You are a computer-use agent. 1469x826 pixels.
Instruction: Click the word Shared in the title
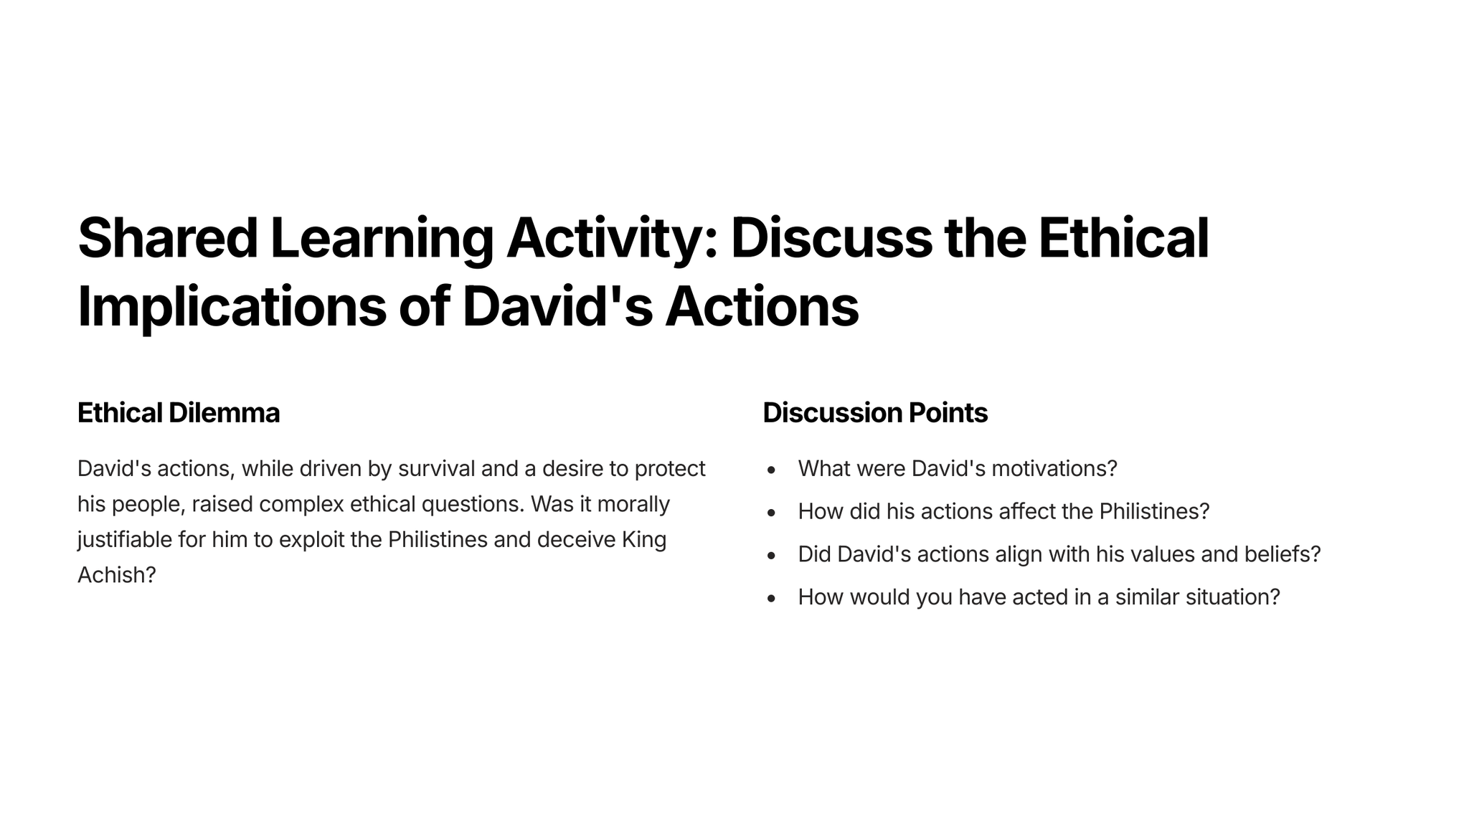tap(168, 238)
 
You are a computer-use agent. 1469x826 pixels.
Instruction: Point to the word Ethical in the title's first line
tap(1123, 238)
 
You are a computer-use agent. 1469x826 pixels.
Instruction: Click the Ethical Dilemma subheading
tap(179, 413)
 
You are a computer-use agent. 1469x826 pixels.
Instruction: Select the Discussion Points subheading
tap(875, 413)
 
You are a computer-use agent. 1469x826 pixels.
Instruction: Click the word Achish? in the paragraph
tap(116, 575)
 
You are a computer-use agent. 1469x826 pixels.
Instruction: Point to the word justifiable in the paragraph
tap(125, 540)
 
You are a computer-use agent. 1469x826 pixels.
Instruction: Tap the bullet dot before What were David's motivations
tap(772, 470)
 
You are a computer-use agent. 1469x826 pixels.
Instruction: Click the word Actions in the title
tap(762, 306)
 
